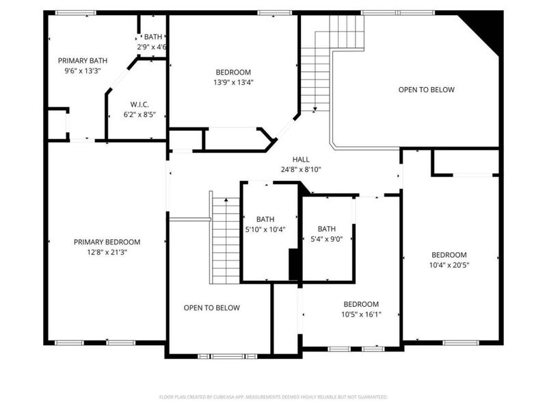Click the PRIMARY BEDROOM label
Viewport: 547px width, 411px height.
click(x=107, y=242)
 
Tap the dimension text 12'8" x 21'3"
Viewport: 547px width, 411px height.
click(x=107, y=252)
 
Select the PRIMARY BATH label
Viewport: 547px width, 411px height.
click(x=82, y=60)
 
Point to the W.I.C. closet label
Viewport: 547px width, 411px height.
click(x=139, y=105)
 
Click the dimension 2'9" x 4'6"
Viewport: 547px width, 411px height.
click(x=152, y=47)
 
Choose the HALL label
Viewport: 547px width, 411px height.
click(x=302, y=159)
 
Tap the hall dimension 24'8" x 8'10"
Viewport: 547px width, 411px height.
click(x=302, y=169)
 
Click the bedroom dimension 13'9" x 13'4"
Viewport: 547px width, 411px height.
click(x=233, y=83)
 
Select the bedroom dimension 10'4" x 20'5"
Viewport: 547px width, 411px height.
click(x=448, y=265)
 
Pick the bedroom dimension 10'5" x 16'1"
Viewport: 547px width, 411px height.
click(x=361, y=314)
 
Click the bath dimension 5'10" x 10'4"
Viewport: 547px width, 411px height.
click(x=265, y=229)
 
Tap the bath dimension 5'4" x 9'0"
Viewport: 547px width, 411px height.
click(x=326, y=239)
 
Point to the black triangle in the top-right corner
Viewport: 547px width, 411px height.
click(x=487, y=26)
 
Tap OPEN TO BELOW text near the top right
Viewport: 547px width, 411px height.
click(x=426, y=90)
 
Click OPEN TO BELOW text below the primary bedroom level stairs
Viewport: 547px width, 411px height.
click(x=211, y=308)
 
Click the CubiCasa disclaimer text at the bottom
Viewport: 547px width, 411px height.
click(x=273, y=397)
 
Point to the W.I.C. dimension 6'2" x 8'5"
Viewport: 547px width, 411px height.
click(x=139, y=115)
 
